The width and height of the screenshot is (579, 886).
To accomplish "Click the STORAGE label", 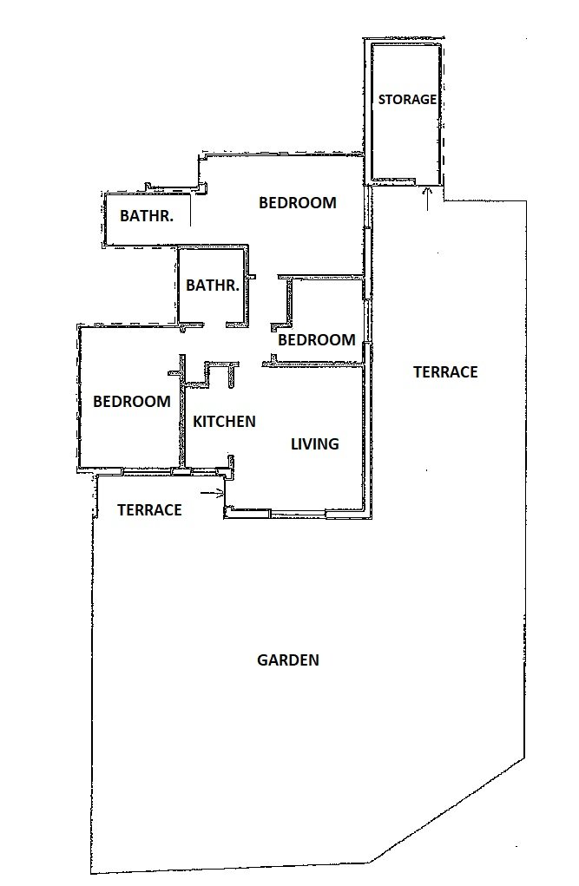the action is pos(407,100).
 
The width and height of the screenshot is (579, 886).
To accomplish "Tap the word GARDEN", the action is pos(288,660).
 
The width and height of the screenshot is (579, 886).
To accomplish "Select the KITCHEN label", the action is pos(224,421).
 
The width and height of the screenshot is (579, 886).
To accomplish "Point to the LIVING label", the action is pos(314,443).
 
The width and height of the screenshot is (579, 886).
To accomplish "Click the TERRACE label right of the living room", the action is pos(445,371).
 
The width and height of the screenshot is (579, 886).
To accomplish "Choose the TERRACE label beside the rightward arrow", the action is pos(149,509).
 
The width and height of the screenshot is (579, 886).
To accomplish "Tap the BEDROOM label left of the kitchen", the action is pos(132,401).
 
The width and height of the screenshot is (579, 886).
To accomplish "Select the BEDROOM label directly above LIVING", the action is pos(317,339).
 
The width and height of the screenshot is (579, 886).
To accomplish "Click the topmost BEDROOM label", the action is pos(298,202).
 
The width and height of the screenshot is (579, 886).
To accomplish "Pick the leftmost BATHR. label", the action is pos(147,215).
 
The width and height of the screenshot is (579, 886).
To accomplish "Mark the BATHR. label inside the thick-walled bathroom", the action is pos(213,285).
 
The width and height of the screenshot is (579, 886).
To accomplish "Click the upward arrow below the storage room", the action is pos(427,199).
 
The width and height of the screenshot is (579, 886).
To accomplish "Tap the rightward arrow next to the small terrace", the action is pos(213,493).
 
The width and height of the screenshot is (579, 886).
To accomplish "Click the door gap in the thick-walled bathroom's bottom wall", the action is pos(215,325).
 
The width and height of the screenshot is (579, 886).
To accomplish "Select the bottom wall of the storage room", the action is pos(393,181).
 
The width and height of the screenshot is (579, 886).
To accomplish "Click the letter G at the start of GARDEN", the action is pos(262,660).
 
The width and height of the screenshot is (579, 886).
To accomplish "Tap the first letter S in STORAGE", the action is pos(382,100).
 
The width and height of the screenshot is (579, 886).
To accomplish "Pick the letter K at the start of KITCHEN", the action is pos(197,421).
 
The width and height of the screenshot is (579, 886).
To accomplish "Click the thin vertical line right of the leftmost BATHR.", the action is pos(191,210).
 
